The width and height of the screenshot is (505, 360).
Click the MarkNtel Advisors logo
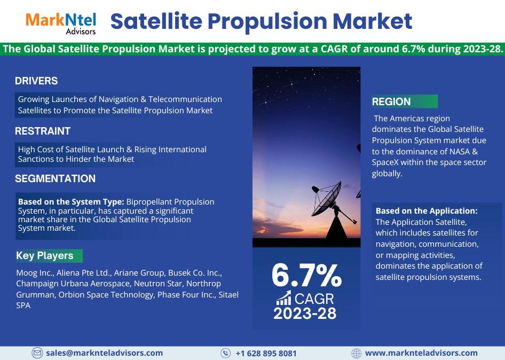point(61,24)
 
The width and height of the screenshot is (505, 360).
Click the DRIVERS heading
point(36,81)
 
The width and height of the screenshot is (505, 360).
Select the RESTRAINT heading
point(43,131)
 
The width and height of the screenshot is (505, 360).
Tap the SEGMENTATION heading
point(55,178)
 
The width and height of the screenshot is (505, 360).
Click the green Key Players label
point(49,255)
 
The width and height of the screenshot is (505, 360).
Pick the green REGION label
point(405,101)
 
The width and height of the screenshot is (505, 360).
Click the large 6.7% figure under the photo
point(306,276)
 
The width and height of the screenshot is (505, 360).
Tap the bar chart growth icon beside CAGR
point(284,298)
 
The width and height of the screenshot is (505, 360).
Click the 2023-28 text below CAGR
point(305,314)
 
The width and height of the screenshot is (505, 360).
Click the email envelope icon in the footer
point(37,353)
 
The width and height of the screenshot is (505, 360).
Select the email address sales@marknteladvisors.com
point(104,353)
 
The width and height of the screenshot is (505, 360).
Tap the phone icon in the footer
point(225,353)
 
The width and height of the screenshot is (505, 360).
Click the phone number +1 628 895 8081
point(266,354)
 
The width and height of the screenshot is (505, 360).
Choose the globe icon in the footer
point(356,353)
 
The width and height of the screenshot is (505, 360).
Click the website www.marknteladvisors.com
point(421,353)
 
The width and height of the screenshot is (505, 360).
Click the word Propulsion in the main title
point(267,22)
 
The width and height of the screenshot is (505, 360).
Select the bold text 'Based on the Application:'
point(427,211)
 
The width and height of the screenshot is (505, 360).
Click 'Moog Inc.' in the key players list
point(35,273)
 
